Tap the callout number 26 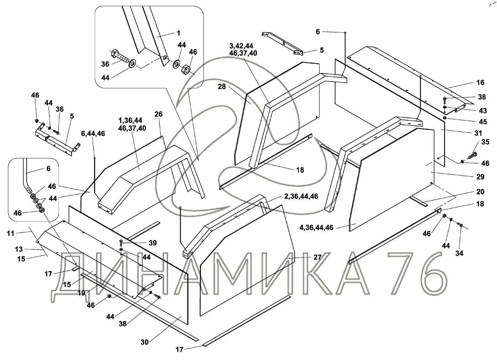158,114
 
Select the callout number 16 480,82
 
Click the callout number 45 482,122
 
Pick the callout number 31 478,133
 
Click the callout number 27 317,257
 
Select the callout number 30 144,342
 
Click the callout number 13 18,249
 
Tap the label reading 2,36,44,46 301,196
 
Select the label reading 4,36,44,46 316,227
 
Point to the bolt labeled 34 459,224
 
